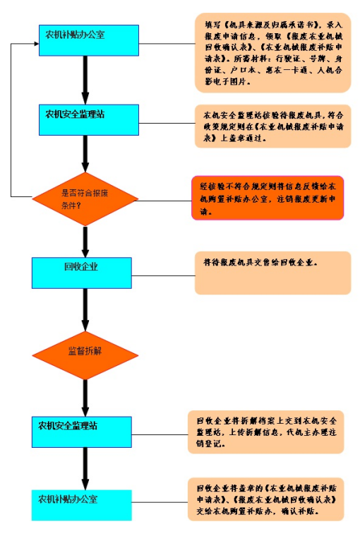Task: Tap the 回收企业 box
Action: (81, 272)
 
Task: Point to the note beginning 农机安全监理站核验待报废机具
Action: (272, 126)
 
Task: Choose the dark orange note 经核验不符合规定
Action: (267, 198)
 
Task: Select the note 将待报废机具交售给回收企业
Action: (272, 273)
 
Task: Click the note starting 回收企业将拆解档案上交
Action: (265, 432)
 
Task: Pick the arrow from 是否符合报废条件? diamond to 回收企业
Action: (85, 241)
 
